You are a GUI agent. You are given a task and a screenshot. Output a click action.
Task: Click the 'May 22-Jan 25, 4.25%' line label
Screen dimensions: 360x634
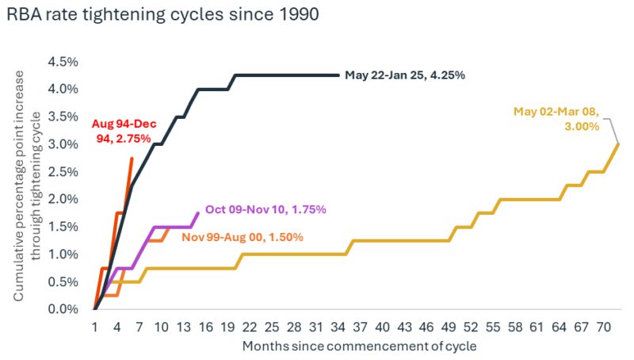coord(404,75)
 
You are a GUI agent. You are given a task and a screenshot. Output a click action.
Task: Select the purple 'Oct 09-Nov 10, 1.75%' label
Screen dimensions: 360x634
coord(265,209)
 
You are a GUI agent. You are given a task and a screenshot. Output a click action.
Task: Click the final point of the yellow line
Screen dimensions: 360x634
coord(618,144)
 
